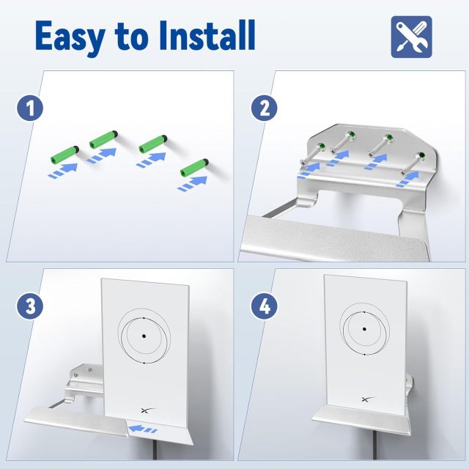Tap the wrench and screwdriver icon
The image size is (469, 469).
[411, 34]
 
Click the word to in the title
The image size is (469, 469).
[141, 37]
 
